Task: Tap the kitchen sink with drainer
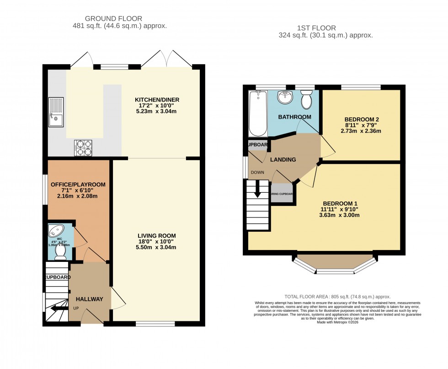(57, 112)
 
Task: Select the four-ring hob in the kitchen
(83, 147)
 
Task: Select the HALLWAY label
(90, 299)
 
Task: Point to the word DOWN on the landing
(257, 173)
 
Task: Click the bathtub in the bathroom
(259, 113)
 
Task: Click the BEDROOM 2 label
(362, 119)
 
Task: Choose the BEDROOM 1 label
(339, 204)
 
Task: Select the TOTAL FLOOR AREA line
(337, 297)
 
